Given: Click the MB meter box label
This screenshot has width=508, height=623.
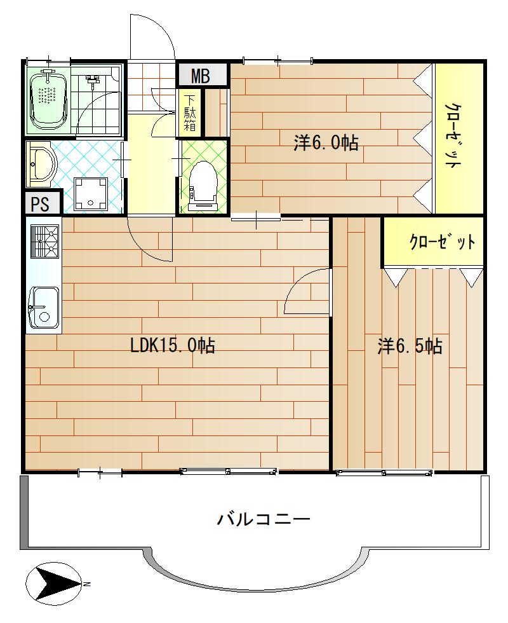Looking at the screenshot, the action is [201, 76].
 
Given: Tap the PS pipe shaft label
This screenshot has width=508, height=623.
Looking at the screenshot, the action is [40, 204].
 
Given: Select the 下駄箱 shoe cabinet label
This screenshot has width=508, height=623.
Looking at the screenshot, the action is [190, 113].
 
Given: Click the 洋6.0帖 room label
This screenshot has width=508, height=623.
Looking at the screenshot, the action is [326, 142].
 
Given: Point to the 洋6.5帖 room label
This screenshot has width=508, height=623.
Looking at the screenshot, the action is [410, 346].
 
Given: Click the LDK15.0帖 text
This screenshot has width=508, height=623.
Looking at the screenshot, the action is [173, 345].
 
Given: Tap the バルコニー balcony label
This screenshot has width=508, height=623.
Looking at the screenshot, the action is [264, 519].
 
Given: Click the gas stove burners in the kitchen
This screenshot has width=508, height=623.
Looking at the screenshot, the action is [44, 242].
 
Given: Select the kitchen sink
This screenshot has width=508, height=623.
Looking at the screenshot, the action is [44, 308].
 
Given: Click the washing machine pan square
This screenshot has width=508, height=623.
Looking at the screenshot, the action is [91, 194].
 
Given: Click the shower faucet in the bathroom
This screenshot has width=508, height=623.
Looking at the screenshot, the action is [92, 81].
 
